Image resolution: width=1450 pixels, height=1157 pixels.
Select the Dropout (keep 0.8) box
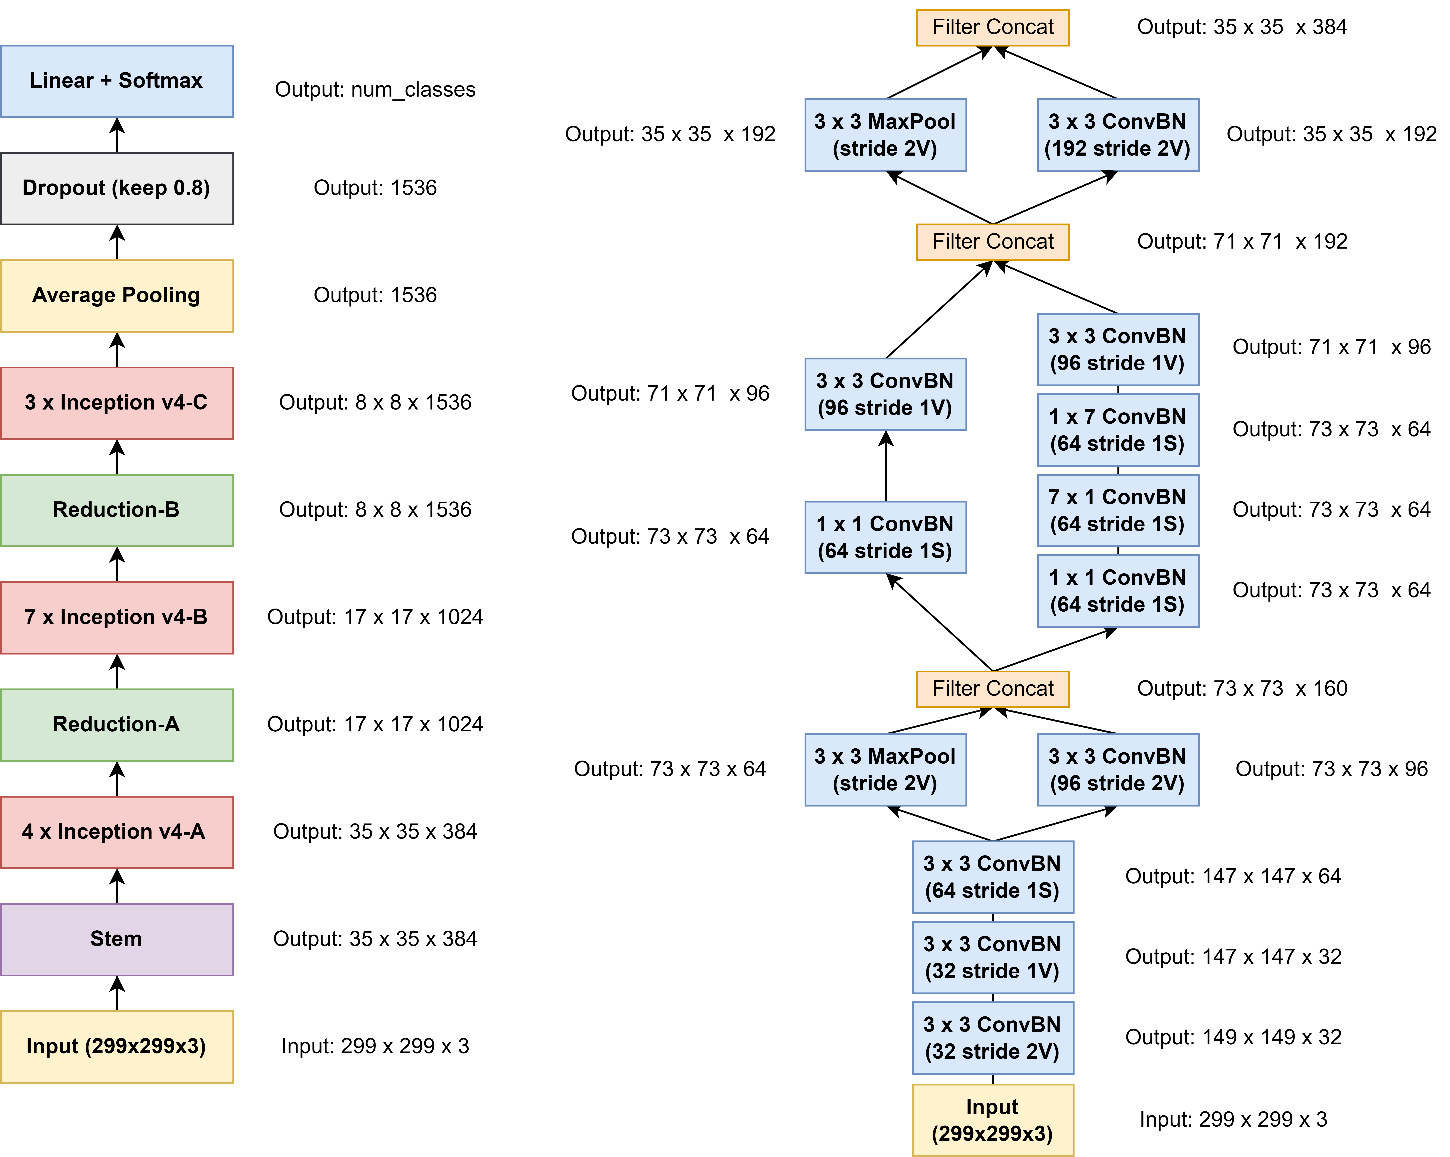(116, 188)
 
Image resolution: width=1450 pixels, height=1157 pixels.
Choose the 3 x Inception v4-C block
(116, 403)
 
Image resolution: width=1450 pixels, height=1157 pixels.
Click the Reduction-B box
(116, 510)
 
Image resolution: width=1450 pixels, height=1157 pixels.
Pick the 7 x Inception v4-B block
(116, 617)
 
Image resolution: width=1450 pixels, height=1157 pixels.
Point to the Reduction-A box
(116, 724)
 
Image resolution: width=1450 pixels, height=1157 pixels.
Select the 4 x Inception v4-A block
(116, 832)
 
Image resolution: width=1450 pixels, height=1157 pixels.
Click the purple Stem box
(116, 939)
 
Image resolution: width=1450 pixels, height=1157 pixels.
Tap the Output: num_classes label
(375, 89)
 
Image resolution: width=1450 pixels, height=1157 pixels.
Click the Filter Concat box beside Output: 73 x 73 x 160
(993, 689)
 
